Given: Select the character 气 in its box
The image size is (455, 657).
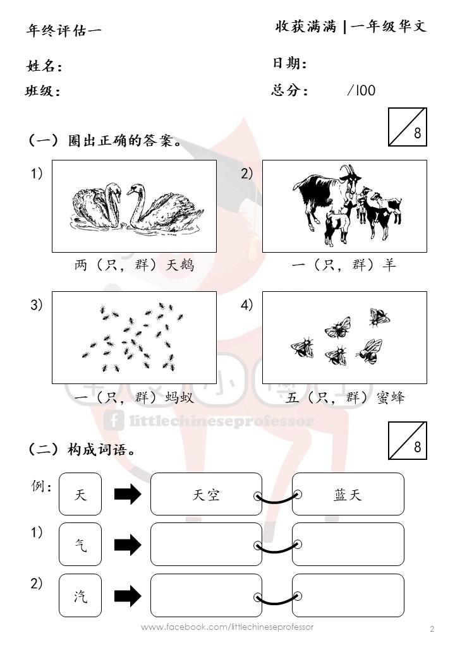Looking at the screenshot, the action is click(x=80, y=545).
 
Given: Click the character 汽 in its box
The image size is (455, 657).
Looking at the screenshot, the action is click(x=80, y=595).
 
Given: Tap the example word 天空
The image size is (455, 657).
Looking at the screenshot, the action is click(x=206, y=495).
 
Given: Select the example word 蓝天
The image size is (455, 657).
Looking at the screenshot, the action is click(x=348, y=495).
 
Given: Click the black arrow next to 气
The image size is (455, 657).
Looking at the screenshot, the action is click(x=128, y=545).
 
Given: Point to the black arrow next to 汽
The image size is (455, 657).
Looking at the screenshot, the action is click(x=128, y=596).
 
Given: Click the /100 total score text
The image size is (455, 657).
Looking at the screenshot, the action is click(x=361, y=90).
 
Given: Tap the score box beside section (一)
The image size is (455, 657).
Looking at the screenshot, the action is click(x=407, y=127).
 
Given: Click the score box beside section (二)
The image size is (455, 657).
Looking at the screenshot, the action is click(x=407, y=440).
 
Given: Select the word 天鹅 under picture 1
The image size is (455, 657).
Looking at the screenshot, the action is click(x=179, y=265).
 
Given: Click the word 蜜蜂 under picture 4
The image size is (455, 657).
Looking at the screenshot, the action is click(x=391, y=397).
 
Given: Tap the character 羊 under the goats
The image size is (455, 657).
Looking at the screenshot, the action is click(x=389, y=265).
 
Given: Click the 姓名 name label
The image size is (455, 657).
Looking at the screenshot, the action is click(x=44, y=66).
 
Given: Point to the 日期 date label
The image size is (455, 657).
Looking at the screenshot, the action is click(x=289, y=63).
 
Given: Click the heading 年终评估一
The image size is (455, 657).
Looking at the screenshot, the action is click(x=64, y=30).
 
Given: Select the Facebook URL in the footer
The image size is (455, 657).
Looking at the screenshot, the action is click(x=227, y=627).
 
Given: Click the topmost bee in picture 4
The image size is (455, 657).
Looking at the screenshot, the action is click(x=379, y=316).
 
